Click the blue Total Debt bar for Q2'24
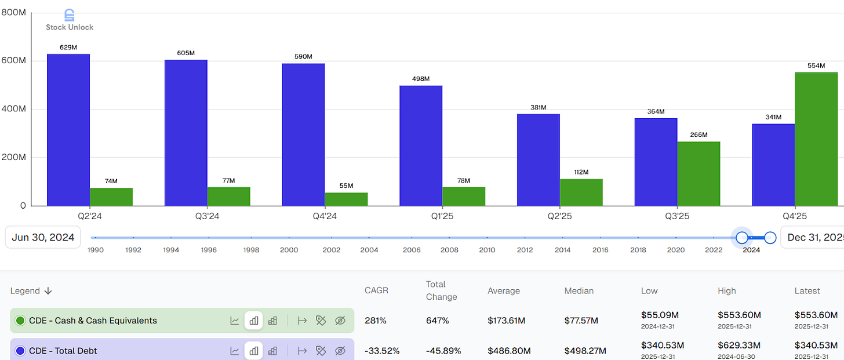tap(68, 130)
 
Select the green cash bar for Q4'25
tap(816, 139)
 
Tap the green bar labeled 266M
tap(699, 174)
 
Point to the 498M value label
tap(421, 79)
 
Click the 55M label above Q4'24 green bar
tap(347, 186)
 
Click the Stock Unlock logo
tap(70, 20)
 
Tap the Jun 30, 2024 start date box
tap(43, 237)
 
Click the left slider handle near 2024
tap(741, 238)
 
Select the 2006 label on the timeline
tap(412, 250)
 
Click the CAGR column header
tap(376, 291)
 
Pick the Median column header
tap(580, 291)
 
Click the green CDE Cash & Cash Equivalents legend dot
tap(20, 321)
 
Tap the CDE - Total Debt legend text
tap(63, 351)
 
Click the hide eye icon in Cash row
tap(340, 321)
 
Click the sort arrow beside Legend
tap(48, 291)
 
